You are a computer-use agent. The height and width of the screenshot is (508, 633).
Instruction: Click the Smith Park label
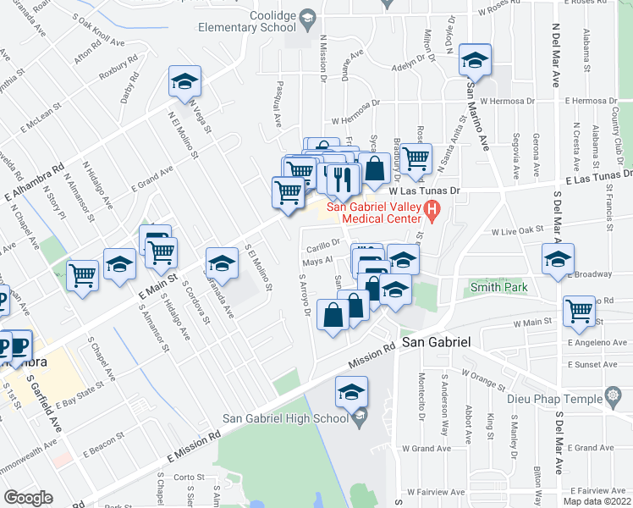click(x=499, y=288)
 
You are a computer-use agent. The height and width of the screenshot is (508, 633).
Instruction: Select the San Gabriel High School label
click(x=284, y=417)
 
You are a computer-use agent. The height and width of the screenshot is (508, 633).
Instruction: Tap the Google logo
click(x=29, y=498)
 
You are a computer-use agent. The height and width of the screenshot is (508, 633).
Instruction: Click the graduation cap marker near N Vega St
click(x=184, y=81)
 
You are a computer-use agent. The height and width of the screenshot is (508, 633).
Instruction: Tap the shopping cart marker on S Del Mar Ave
click(x=580, y=311)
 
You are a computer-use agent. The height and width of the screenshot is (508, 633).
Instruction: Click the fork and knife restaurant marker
click(x=343, y=179)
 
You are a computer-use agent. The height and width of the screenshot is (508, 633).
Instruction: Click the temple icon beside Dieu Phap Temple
click(x=611, y=396)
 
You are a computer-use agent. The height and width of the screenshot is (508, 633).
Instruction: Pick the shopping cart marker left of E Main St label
click(x=83, y=273)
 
